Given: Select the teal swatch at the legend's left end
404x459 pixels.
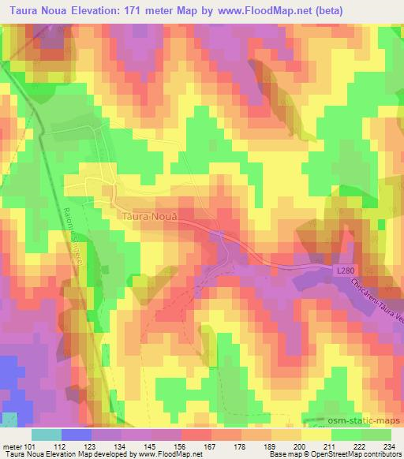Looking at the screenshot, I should (47, 435).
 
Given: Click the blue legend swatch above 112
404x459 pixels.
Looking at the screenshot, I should (77, 435).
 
